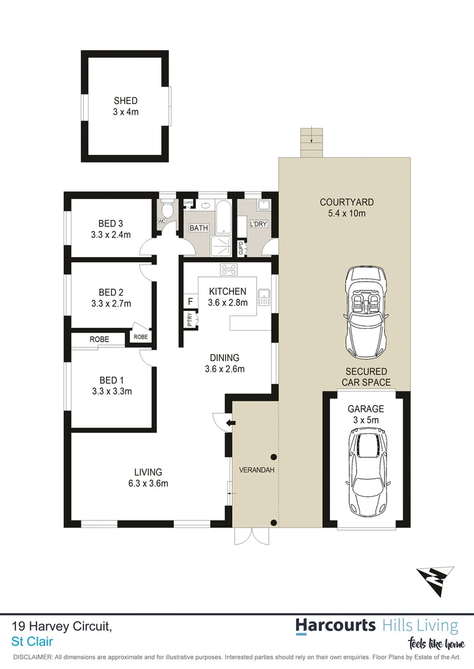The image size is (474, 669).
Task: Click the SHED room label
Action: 125,100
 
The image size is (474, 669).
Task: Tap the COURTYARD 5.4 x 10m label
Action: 346,208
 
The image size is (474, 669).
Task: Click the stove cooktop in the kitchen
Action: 228,269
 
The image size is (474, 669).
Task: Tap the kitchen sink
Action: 264,297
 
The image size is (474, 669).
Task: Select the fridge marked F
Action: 189,302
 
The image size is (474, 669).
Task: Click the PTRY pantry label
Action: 189,320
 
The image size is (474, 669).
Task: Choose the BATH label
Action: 199,228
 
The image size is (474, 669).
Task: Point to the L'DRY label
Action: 258,224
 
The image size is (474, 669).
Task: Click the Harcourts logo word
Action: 335,625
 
